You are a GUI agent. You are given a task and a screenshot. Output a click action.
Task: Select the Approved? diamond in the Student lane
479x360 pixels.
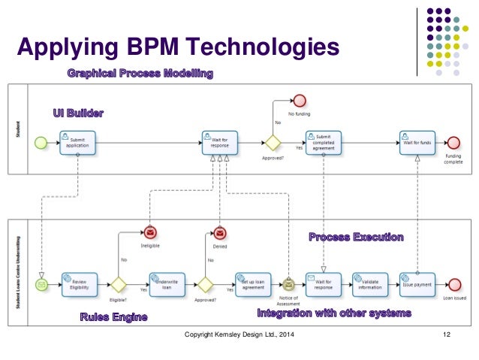pyautogui.click(x=271, y=142)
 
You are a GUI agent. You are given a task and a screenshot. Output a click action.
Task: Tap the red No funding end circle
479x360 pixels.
pyautogui.click(x=300, y=101)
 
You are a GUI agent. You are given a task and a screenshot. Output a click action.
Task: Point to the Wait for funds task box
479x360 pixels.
pyautogui.click(x=417, y=142)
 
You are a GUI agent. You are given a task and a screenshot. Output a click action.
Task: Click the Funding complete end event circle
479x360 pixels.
pyautogui.click(x=453, y=142)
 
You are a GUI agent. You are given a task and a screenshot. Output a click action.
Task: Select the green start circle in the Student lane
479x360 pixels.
pyautogui.click(x=41, y=142)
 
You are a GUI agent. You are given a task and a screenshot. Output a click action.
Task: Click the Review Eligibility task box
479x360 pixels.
pyautogui.click(x=80, y=284)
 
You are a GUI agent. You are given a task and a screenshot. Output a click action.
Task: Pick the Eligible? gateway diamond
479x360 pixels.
pyautogui.click(x=118, y=284)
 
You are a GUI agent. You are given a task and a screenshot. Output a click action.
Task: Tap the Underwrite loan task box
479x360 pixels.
pyautogui.click(x=167, y=284)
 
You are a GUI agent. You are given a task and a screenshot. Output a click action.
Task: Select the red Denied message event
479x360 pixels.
pyautogui.click(x=219, y=234)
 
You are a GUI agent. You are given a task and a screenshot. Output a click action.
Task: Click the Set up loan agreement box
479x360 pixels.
pyautogui.click(x=253, y=284)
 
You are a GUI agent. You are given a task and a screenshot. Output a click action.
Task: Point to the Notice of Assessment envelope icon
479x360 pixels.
pyautogui.click(x=288, y=284)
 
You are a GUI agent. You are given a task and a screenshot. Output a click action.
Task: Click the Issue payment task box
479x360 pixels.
pyautogui.click(x=417, y=284)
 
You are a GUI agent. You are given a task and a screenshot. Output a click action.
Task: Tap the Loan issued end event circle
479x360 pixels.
pyautogui.click(x=453, y=284)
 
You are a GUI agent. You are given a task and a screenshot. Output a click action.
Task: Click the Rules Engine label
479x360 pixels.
pyautogui.click(x=113, y=317)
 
